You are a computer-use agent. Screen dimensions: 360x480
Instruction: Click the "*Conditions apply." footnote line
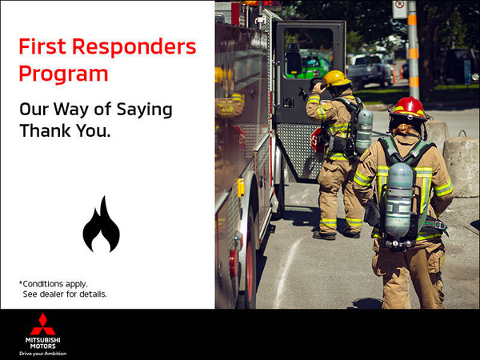(x=53, y=283)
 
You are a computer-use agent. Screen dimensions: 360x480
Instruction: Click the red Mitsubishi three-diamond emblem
(x=42, y=324)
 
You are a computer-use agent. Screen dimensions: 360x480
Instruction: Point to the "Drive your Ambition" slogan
(x=42, y=353)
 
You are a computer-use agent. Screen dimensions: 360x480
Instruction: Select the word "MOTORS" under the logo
(x=42, y=346)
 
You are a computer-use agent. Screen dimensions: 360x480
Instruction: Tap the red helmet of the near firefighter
(x=408, y=107)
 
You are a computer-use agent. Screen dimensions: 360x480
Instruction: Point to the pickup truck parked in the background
(x=370, y=70)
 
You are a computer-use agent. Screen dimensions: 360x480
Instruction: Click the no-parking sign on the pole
(x=399, y=9)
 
